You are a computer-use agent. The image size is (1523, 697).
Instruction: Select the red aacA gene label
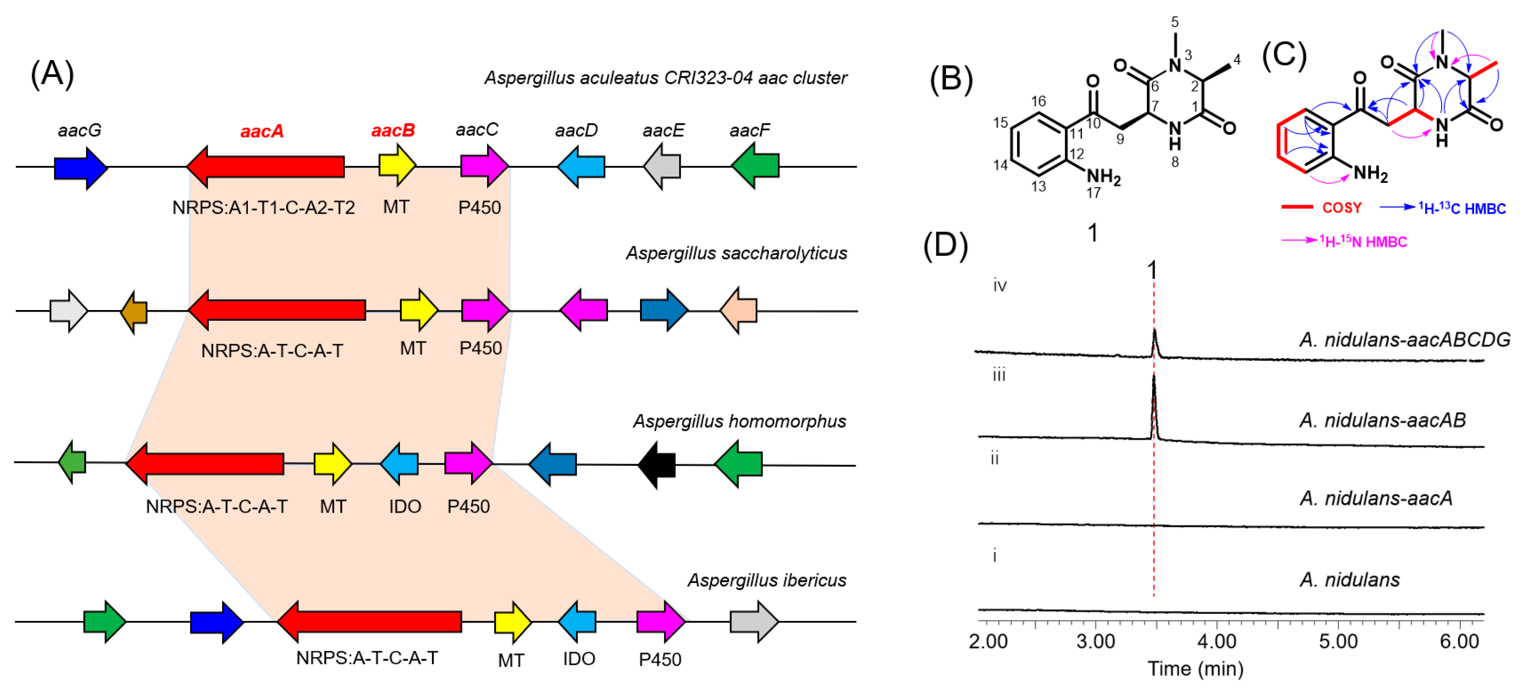click(x=262, y=131)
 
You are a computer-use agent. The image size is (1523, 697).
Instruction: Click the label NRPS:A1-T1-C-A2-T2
click(x=264, y=208)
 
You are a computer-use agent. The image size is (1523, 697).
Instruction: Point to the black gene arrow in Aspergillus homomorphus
click(x=656, y=465)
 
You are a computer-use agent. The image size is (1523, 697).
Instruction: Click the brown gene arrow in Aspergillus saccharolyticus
click(x=134, y=312)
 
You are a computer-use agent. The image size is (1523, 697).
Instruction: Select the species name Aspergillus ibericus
click(x=766, y=580)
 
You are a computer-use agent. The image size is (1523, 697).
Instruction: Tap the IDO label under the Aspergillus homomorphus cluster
click(x=405, y=506)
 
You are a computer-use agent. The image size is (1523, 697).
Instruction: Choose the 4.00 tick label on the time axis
click(x=1217, y=641)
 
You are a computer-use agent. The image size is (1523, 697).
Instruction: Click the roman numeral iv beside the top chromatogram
click(x=1000, y=286)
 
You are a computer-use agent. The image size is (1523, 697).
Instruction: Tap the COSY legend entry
click(x=1322, y=208)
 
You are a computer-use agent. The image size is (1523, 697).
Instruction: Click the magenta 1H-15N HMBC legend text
click(x=1363, y=241)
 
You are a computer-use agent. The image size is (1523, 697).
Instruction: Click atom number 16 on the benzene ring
click(x=1038, y=101)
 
